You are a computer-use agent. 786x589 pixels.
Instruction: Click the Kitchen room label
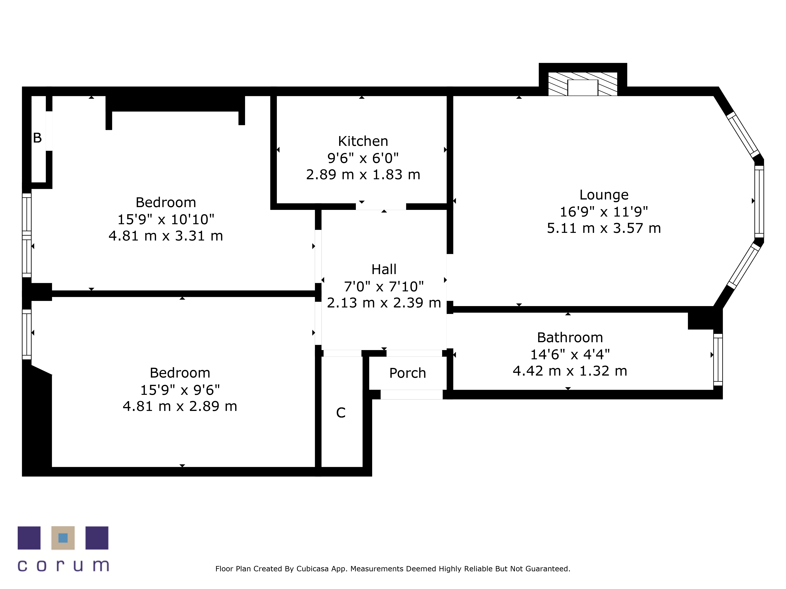tap(363, 141)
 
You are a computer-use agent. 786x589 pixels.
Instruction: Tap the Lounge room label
tap(604, 195)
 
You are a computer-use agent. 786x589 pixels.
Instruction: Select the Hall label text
tap(384, 270)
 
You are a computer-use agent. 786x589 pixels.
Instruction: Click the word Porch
tap(407, 373)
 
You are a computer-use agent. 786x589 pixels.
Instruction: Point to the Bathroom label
tap(570, 338)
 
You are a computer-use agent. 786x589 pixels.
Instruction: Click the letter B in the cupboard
tap(37, 138)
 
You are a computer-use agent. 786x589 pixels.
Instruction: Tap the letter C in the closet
tap(341, 412)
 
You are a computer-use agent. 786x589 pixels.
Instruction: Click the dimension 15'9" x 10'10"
tap(166, 220)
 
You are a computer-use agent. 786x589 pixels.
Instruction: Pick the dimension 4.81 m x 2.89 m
tap(180, 406)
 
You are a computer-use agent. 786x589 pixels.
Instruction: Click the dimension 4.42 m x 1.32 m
tap(570, 371)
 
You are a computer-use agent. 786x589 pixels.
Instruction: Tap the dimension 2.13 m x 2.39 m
tap(384, 303)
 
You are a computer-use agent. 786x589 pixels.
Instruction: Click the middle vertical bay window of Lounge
tap(759, 201)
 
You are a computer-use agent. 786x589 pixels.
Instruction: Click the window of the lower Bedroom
tap(27, 334)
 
